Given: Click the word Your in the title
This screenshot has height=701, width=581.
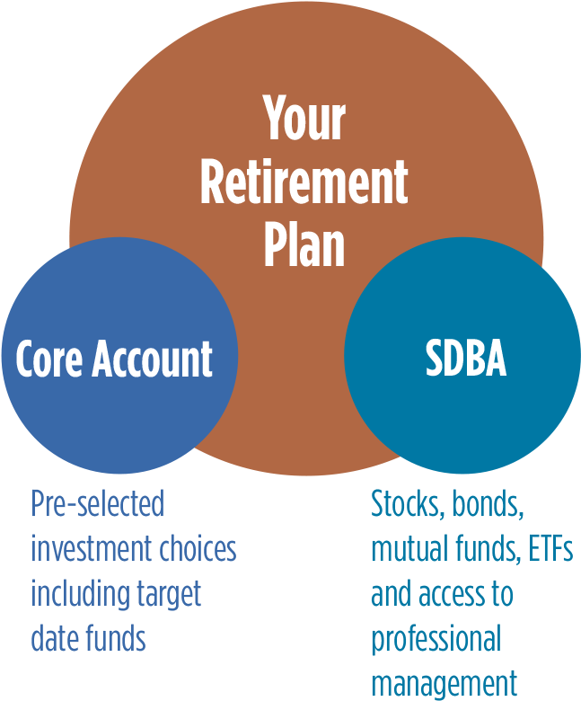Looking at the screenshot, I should pos(304,120).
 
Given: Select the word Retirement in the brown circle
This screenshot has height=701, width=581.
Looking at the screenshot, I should pos(304,182).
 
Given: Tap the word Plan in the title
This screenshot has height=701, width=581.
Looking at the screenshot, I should pos(304,244).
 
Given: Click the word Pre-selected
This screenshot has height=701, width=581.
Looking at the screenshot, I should pos(98,504).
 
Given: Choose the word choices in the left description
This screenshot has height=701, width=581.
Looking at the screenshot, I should pos(192,548).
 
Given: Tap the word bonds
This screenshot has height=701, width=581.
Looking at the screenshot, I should pos(488,505).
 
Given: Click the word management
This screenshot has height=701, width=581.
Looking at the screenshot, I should pos(444,683).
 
